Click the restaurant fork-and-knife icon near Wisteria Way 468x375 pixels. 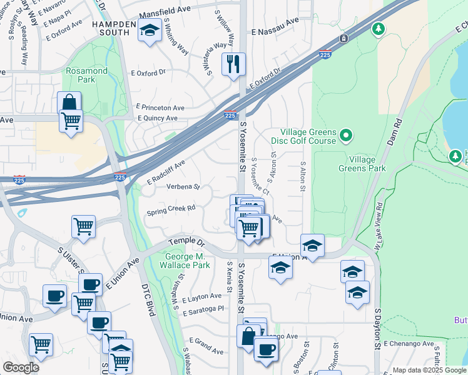click(x=233, y=64)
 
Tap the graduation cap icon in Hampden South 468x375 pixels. click(x=150, y=31)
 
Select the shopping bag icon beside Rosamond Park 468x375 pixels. click(x=69, y=103)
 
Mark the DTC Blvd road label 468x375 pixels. click(x=148, y=301)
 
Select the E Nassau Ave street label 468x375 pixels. click(x=275, y=30)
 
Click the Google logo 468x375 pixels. click(x=21, y=367)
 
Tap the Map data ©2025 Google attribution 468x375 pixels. click(x=429, y=370)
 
